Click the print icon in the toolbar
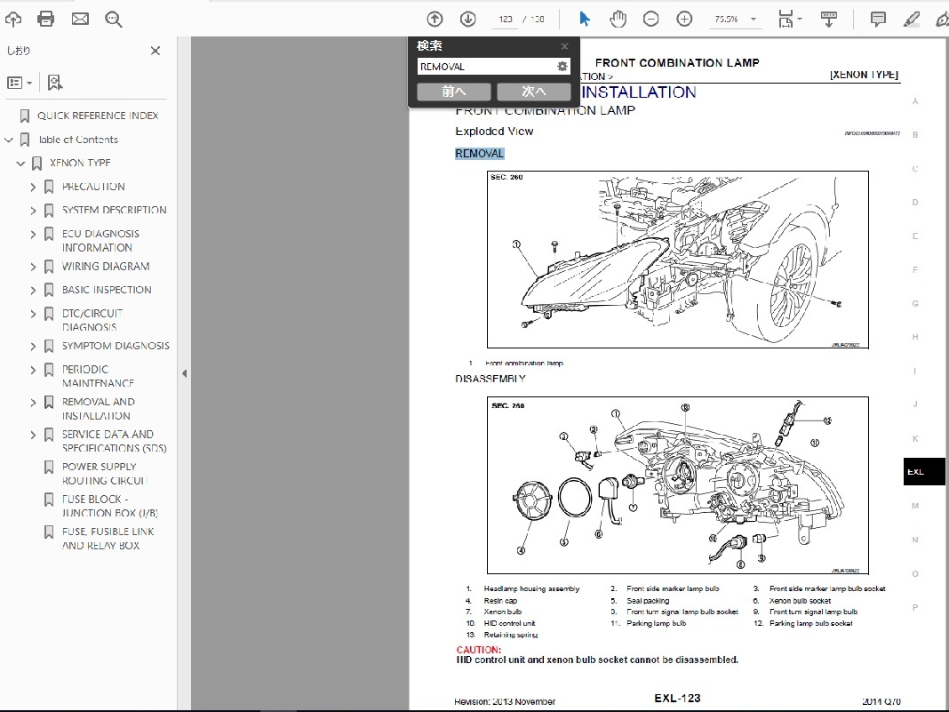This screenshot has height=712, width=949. point(46,19)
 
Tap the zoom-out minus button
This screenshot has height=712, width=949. point(650,19)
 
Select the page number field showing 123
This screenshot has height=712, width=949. point(506,19)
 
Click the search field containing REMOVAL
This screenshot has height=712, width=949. point(484,67)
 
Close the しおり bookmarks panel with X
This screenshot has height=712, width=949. point(156,51)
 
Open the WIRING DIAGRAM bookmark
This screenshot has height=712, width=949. point(105,267)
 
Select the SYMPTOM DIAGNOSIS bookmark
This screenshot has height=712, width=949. point(115,346)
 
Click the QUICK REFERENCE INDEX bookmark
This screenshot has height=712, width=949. point(98,116)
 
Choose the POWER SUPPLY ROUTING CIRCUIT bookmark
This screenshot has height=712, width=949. point(100,473)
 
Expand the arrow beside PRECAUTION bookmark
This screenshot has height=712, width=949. point(33,187)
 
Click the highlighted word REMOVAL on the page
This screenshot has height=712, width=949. point(480,154)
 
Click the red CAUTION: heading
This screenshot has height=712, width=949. point(478,650)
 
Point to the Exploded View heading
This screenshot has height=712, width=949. point(494,132)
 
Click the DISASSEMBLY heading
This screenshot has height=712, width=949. point(490,379)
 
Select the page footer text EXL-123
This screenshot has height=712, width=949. point(677,699)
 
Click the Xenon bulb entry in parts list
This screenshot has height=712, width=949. point(503,612)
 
